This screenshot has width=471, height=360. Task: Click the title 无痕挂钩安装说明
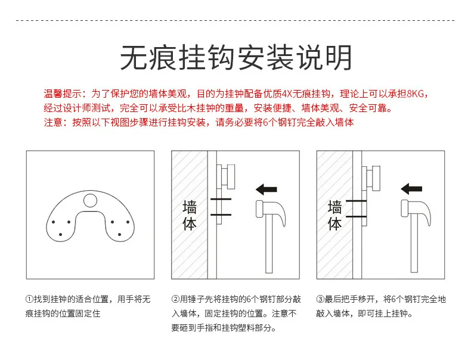[236, 58]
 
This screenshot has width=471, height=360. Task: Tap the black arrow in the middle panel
[266, 190]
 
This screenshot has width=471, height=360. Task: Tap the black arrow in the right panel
[411, 189]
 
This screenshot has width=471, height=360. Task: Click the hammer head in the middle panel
[270, 213]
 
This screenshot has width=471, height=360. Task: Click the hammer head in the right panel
[416, 213]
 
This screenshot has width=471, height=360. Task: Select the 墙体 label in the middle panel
[190, 216]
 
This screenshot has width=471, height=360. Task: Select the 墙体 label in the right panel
[335, 216]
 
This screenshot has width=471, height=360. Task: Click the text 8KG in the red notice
[416, 94]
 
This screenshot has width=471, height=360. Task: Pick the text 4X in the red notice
[287, 94]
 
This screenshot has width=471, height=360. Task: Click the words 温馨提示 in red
[62, 94]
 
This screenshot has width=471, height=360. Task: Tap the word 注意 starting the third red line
[53, 122]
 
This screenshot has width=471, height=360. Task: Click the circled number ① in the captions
[29, 299]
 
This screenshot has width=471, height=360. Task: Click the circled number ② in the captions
[175, 299]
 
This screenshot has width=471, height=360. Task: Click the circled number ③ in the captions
[320, 299]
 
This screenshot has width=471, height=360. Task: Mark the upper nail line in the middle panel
[221, 199]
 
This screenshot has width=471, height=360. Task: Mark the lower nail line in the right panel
[357, 216]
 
